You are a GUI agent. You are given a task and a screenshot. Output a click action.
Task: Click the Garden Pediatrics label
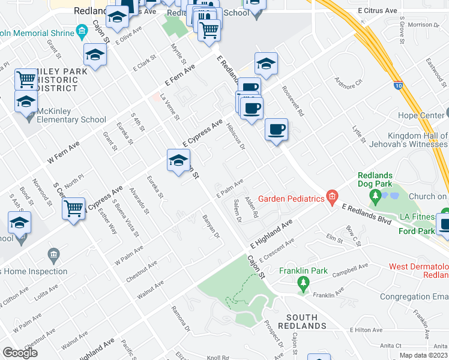coord(291,199)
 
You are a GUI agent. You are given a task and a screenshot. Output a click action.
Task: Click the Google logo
coord(20,353)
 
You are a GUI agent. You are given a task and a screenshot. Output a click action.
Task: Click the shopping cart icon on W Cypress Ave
coord(73,209)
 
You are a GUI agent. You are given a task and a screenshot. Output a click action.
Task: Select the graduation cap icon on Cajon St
coord(178,160)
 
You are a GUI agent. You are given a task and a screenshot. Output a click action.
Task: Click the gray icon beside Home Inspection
coord(53,256)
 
